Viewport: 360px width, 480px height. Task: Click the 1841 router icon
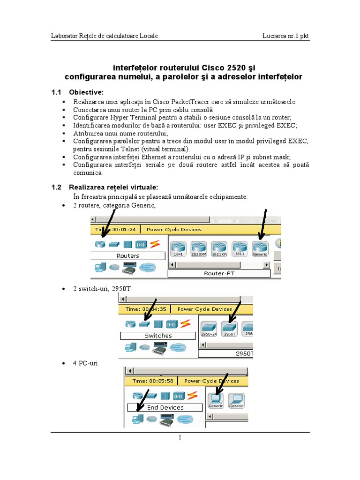178,248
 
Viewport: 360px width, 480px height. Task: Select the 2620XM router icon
199,248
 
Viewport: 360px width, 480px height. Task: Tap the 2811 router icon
240,248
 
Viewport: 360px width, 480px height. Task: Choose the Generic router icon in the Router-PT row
260,248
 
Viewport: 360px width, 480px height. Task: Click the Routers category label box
127,256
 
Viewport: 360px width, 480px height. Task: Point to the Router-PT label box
219,273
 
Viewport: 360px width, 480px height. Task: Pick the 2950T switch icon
229,329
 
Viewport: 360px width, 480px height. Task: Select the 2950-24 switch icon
209,329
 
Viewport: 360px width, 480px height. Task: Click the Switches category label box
158,336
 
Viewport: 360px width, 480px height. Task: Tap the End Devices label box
165,407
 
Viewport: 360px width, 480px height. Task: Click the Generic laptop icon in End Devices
236,400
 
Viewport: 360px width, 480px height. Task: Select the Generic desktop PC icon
216,400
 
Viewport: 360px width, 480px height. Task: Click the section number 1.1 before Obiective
56,91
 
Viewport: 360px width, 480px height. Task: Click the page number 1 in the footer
180,438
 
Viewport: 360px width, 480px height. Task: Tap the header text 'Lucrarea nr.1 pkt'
286,36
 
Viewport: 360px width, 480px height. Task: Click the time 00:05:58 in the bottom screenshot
162,381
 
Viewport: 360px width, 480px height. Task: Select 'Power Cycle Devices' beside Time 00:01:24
174,230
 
